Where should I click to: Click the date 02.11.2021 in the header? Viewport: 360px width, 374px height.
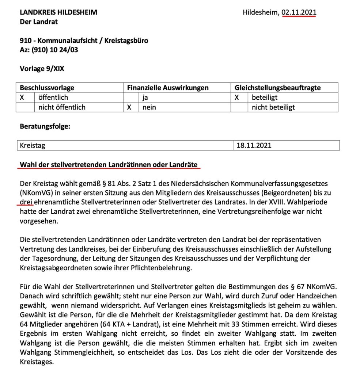click(299, 12)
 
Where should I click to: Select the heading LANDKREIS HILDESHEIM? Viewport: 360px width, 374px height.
click(58, 12)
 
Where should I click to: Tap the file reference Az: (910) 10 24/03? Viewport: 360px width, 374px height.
click(49, 50)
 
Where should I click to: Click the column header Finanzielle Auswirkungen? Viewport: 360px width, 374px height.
click(168, 88)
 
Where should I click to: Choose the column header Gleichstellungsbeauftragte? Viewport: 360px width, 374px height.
click(278, 88)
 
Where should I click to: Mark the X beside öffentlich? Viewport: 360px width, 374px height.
click(22, 98)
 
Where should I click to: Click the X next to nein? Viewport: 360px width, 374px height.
click(129, 107)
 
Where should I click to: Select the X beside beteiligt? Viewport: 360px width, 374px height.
click(237, 98)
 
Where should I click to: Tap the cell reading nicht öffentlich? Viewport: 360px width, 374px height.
click(62, 107)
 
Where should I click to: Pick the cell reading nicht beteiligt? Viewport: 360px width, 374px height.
click(273, 107)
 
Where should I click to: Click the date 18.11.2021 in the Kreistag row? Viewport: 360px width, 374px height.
click(254, 145)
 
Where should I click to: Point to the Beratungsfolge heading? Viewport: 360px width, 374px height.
click(45, 127)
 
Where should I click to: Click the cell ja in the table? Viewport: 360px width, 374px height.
click(146, 98)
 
